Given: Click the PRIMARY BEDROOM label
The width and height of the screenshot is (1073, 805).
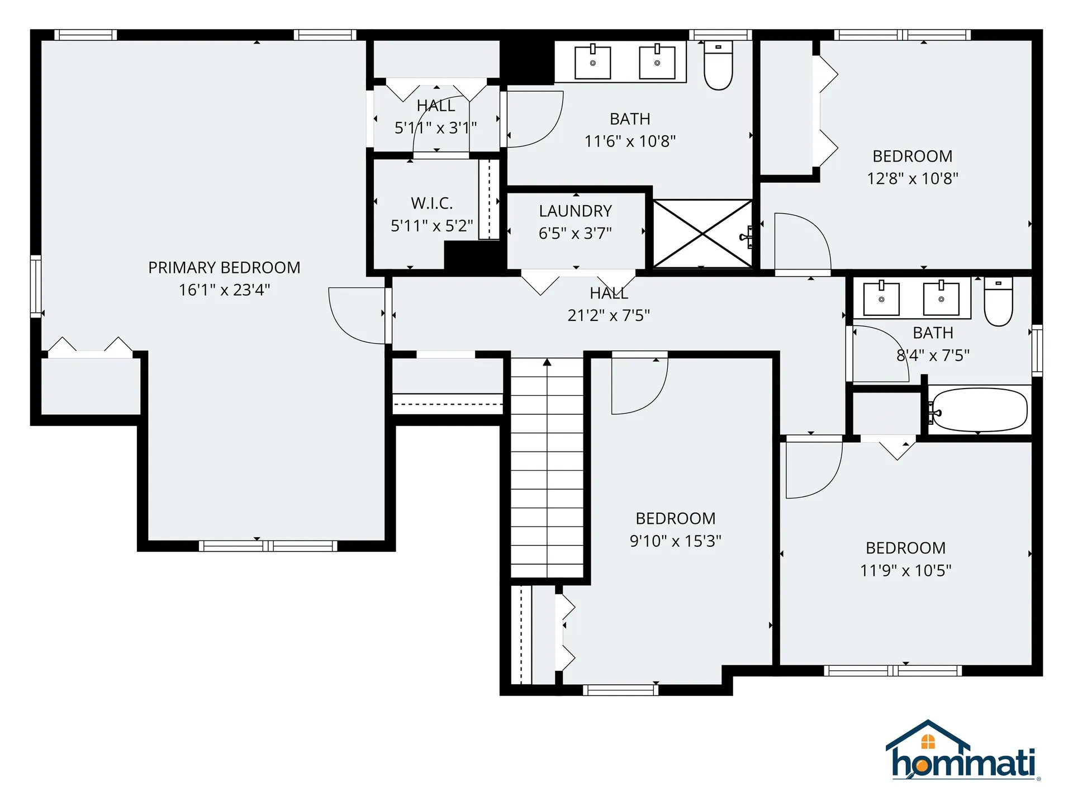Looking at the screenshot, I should coord(224,268).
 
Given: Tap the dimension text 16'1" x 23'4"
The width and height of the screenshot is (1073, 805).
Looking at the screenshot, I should coord(224,290).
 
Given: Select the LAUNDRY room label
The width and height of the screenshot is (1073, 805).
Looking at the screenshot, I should coord(575,211).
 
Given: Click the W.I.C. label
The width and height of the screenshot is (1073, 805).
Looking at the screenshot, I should coord(431,203).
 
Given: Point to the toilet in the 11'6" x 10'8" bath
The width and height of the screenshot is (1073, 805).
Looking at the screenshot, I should coord(718,65).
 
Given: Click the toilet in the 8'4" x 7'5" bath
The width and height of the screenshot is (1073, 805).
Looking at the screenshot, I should coord(998,302).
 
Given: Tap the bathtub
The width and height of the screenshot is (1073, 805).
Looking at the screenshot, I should coord(979,410).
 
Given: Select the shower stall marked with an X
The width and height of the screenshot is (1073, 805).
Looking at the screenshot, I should coord(702,234).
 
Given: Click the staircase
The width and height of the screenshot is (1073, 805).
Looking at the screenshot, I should coord(547,470).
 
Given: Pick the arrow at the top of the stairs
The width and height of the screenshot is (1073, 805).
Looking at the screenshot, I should coord(547,363).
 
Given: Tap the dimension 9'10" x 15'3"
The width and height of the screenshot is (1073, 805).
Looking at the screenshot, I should coord(675,541).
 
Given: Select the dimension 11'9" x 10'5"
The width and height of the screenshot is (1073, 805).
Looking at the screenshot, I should coord(905,571).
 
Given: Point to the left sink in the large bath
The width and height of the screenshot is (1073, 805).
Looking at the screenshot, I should coord(592,63).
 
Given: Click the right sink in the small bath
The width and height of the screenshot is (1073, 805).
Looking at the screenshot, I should coord(941,299).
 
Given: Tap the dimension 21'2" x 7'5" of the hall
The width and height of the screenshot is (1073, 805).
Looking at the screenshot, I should coord(609,316).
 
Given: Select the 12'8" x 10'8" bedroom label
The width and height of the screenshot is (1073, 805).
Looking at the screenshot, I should coord(912,157).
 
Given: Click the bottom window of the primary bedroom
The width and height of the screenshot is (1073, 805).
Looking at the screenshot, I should coord(268,546).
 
